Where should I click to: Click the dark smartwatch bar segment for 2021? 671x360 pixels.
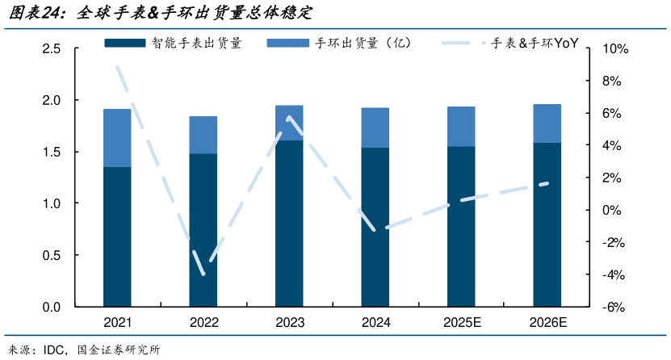pyautogui.click(x=117, y=237)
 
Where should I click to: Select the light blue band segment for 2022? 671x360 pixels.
pyautogui.click(x=203, y=135)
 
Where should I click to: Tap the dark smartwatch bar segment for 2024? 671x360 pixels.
pyautogui.click(x=375, y=227)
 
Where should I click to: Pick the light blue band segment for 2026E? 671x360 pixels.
pyautogui.click(x=547, y=123)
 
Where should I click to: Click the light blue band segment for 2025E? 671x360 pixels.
pyautogui.click(x=461, y=126)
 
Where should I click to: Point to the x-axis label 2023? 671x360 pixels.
pyautogui.click(x=289, y=323)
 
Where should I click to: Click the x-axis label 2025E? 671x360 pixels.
pyautogui.click(x=461, y=323)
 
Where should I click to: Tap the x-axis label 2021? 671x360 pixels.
pyautogui.click(x=117, y=323)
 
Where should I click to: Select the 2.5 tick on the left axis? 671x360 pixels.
pyautogui.click(x=51, y=49)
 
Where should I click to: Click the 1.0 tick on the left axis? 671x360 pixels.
pyautogui.click(x=51, y=204)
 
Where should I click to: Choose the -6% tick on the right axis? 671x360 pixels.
pyautogui.click(x=612, y=308)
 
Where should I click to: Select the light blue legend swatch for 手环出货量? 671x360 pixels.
pyautogui.click(x=287, y=43)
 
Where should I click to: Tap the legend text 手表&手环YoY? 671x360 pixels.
pyautogui.click(x=535, y=43)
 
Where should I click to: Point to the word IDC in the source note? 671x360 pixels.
pyautogui.click(x=65, y=350)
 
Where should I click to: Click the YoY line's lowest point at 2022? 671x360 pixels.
pyautogui.click(x=203, y=273)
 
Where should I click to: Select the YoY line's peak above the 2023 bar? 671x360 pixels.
pyautogui.click(x=289, y=118)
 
